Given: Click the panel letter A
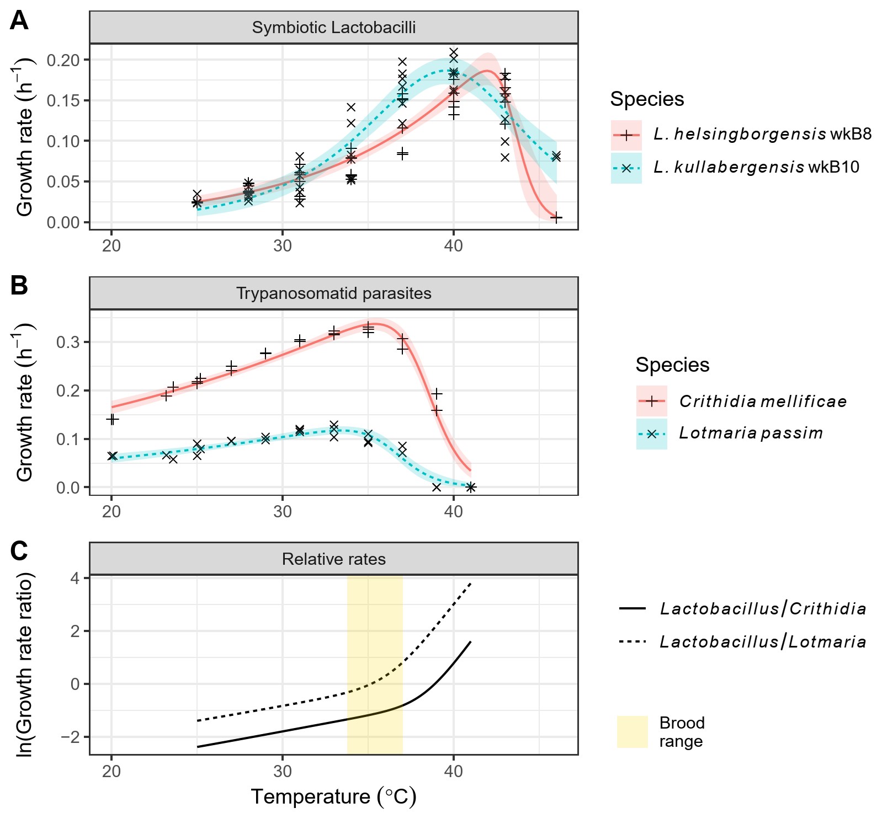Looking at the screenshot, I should point(19,22).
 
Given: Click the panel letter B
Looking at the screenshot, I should point(19,286).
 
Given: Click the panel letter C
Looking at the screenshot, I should point(19,551).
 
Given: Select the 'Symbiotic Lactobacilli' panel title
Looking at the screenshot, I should point(333,28).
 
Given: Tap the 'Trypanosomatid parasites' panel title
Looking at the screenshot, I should point(333,293).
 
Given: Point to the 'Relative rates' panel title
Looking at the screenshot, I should point(333,559).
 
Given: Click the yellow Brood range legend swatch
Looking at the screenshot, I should point(632,732).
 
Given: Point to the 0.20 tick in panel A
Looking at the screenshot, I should point(63,60).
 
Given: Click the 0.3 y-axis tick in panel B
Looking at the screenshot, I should point(68,343).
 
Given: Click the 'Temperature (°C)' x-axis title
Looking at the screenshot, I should point(333,797).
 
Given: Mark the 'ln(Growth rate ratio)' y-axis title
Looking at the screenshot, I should point(25,665).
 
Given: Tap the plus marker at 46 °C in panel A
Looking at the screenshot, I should point(556,217).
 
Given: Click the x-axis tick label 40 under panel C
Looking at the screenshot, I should point(453,771).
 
